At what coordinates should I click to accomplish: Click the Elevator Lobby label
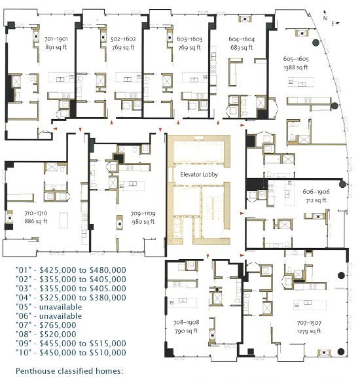coord(199,175)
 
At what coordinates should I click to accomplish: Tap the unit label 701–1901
coord(56,39)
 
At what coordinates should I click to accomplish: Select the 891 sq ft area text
coord(56,47)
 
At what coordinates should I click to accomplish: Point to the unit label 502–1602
coord(123,39)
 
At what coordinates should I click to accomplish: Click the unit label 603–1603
coord(190,39)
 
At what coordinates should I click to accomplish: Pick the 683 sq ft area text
coord(242,47)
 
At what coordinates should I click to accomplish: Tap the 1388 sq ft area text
coord(296,67)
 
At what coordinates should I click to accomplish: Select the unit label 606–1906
coord(316,192)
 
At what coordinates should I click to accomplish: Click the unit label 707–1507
coord(309,323)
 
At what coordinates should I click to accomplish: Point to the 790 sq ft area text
coord(186,331)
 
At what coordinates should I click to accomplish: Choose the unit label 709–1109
coord(143,213)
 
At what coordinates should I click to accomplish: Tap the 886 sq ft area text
coord(36,221)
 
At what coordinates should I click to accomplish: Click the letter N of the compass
coord(325,18)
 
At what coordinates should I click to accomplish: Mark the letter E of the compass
coord(333,24)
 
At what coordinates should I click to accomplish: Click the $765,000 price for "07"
coord(58,325)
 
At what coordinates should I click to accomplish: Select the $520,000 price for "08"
coord(58,334)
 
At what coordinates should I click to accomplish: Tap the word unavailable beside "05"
coord(61,307)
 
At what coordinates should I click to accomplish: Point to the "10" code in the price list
coord(24,353)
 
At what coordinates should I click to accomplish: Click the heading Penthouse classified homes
coord(69,371)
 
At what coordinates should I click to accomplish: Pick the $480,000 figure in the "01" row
coord(108,270)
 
